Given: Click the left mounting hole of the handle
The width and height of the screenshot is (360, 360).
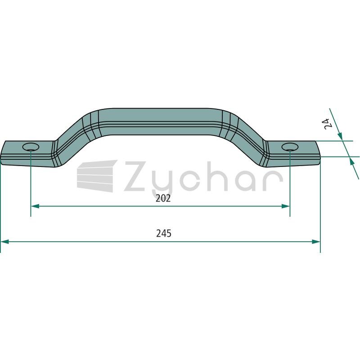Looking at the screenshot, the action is tap(31, 147).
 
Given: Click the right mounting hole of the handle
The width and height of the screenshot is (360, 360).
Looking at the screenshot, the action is tap(290, 147).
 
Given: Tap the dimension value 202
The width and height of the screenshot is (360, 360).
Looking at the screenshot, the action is tap(163, 198).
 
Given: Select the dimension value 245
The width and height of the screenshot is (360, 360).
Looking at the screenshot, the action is tap(164, 234).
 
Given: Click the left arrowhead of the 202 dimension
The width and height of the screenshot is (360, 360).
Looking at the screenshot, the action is tap(35, 206).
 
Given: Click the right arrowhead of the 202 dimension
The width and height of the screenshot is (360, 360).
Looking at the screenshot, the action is tap(285, 206).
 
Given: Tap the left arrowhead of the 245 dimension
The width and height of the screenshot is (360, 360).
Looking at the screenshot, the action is tap(5, 242).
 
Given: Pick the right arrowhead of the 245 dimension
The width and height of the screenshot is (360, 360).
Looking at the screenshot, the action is tap(316, 242).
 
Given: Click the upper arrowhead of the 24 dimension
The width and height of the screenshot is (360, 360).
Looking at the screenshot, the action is tap(340, 136).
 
